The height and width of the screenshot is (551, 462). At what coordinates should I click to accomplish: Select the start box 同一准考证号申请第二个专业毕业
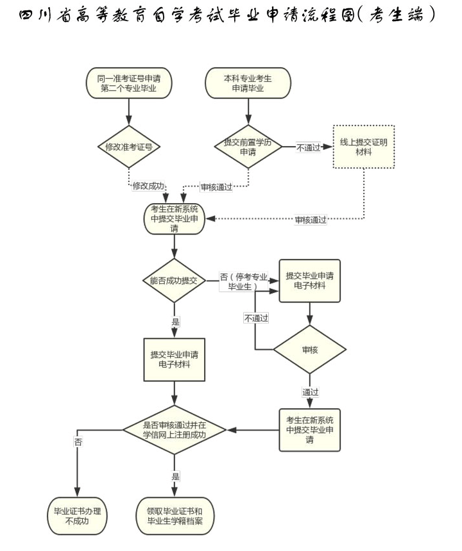coord(129,83)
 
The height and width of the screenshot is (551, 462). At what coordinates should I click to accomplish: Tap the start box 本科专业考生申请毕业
coord(248,83)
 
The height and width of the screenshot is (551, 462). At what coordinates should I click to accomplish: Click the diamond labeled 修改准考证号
coord(129,146)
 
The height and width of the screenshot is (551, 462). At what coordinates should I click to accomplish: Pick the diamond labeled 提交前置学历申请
coord(248,146)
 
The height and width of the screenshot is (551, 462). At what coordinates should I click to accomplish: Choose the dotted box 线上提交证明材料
coord(363,147)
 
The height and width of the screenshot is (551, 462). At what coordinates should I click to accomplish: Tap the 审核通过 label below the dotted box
coord(311,220)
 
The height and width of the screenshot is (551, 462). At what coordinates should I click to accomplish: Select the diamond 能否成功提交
coord(174,281)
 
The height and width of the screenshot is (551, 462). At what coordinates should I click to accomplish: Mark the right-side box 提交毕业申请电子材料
coord(309,281)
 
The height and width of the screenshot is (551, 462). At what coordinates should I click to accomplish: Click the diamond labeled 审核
coord(309,350)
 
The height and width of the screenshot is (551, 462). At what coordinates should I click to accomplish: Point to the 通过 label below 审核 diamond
coord(310,391)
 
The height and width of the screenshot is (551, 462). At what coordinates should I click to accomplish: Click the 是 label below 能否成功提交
coord(175,322)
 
